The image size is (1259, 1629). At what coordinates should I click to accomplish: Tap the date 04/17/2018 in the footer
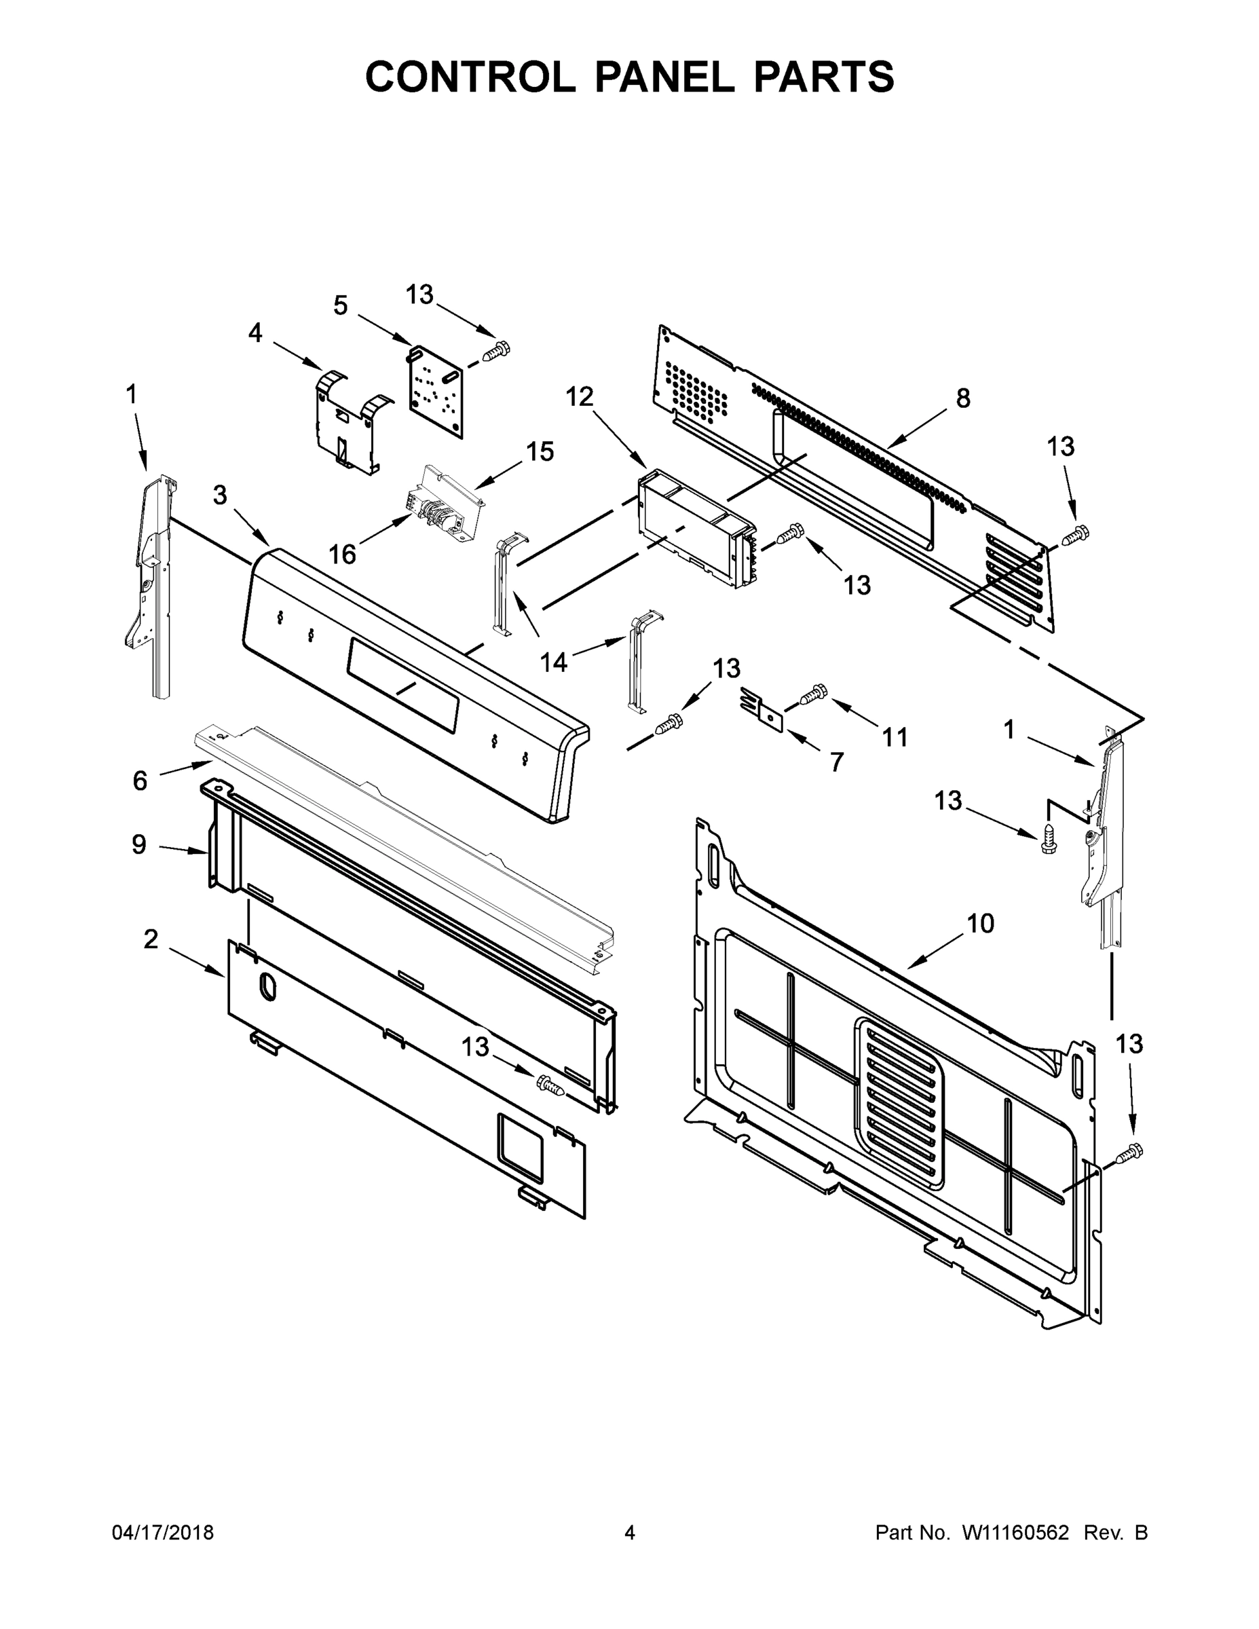click(x=163, y=1532)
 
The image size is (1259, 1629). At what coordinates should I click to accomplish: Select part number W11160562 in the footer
click(x=1015, y=1532)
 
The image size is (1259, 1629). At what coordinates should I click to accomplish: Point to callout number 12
click(x=579, y=397)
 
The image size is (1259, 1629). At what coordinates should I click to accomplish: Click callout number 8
click(x=963, y=398)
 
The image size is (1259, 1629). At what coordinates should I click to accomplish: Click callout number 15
click(x=540, y=451)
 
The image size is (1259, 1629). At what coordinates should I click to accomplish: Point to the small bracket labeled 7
click(x=762, y=709)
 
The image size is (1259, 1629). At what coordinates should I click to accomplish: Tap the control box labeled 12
click(x=694, y=527)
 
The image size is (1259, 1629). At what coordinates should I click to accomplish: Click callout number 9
click(x=138, y=844)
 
